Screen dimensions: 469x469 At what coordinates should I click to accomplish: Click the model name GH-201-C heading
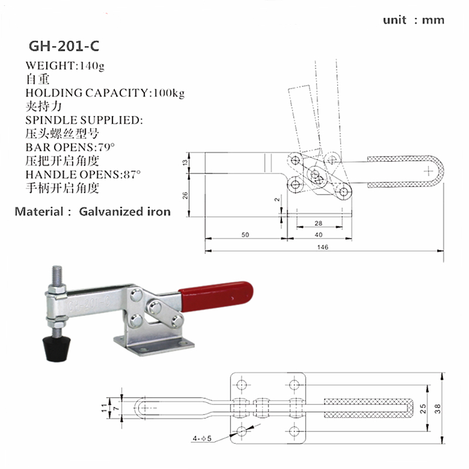[64, 46]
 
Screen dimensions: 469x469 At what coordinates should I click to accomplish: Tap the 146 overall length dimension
[323, 247]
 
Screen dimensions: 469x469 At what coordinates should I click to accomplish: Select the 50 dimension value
[245, 235]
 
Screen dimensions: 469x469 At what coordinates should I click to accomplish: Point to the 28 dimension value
[318, 223]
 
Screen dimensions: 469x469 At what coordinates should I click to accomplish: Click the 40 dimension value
[318, 235]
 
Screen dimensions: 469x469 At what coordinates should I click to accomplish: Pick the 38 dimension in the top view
[437, 409]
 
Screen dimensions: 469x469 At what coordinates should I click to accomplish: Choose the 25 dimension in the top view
[423, 409]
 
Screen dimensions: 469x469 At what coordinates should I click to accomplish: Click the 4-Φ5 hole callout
[202, 439]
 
